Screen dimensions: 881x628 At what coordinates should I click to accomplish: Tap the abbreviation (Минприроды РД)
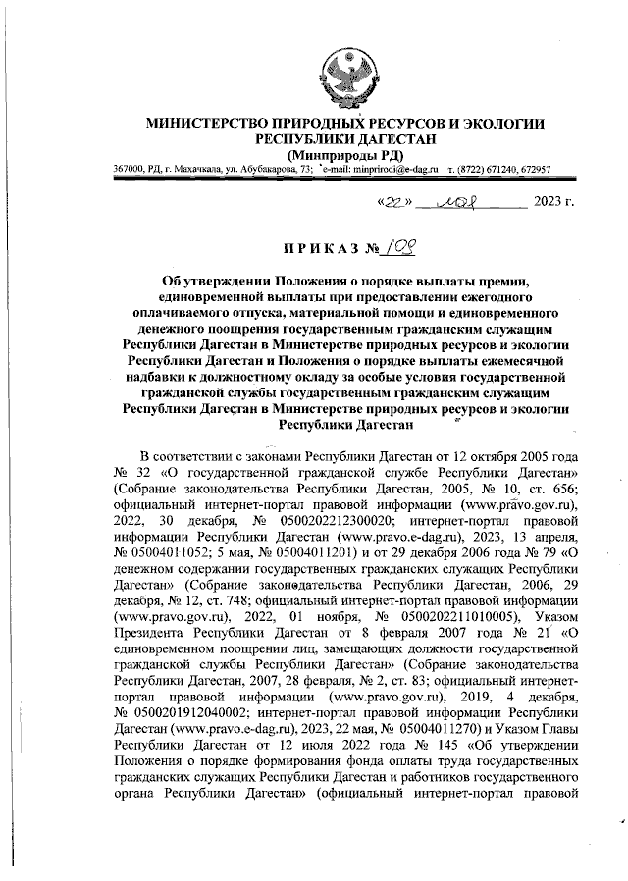(343, 155)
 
